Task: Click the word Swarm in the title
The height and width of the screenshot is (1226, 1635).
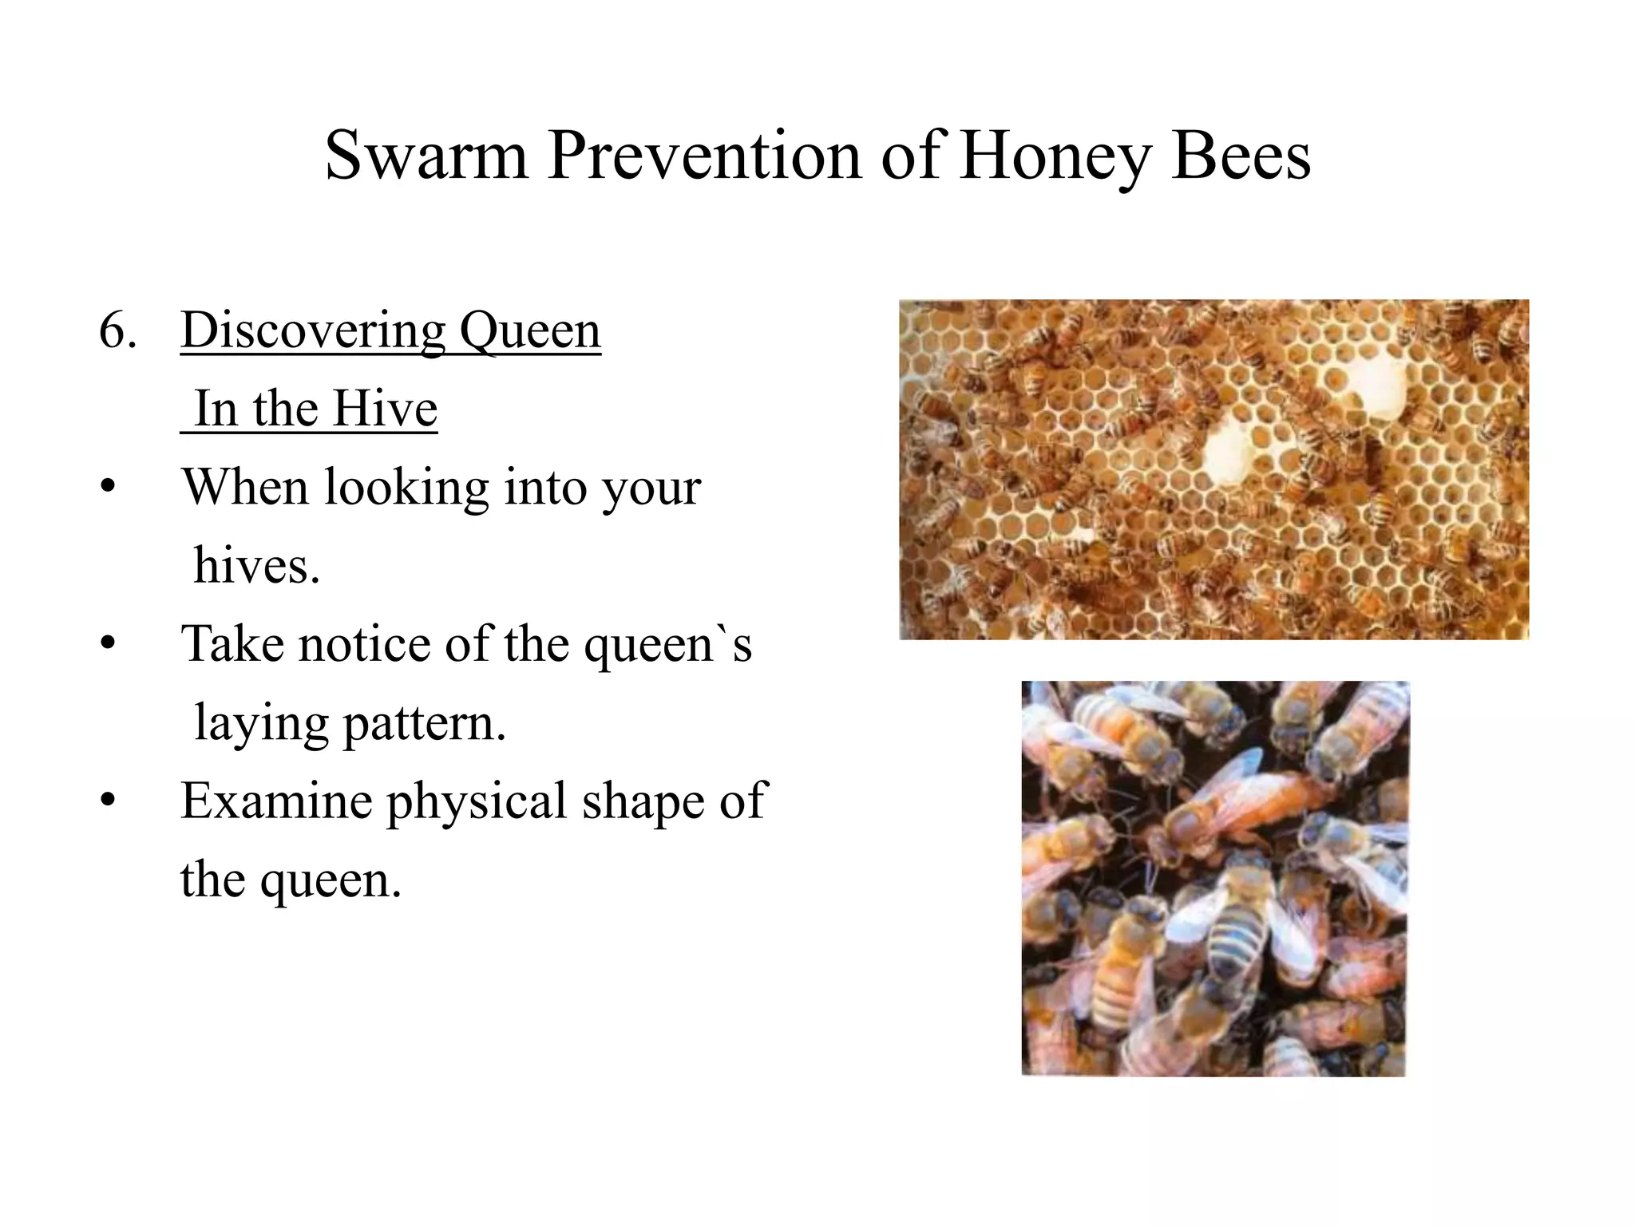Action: pos(426,156)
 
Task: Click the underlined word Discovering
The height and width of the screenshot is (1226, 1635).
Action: pos(312,330)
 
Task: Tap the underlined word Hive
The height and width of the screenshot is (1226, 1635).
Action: pos(384,409)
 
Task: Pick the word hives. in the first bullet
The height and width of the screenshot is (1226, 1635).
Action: pos(256,567)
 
